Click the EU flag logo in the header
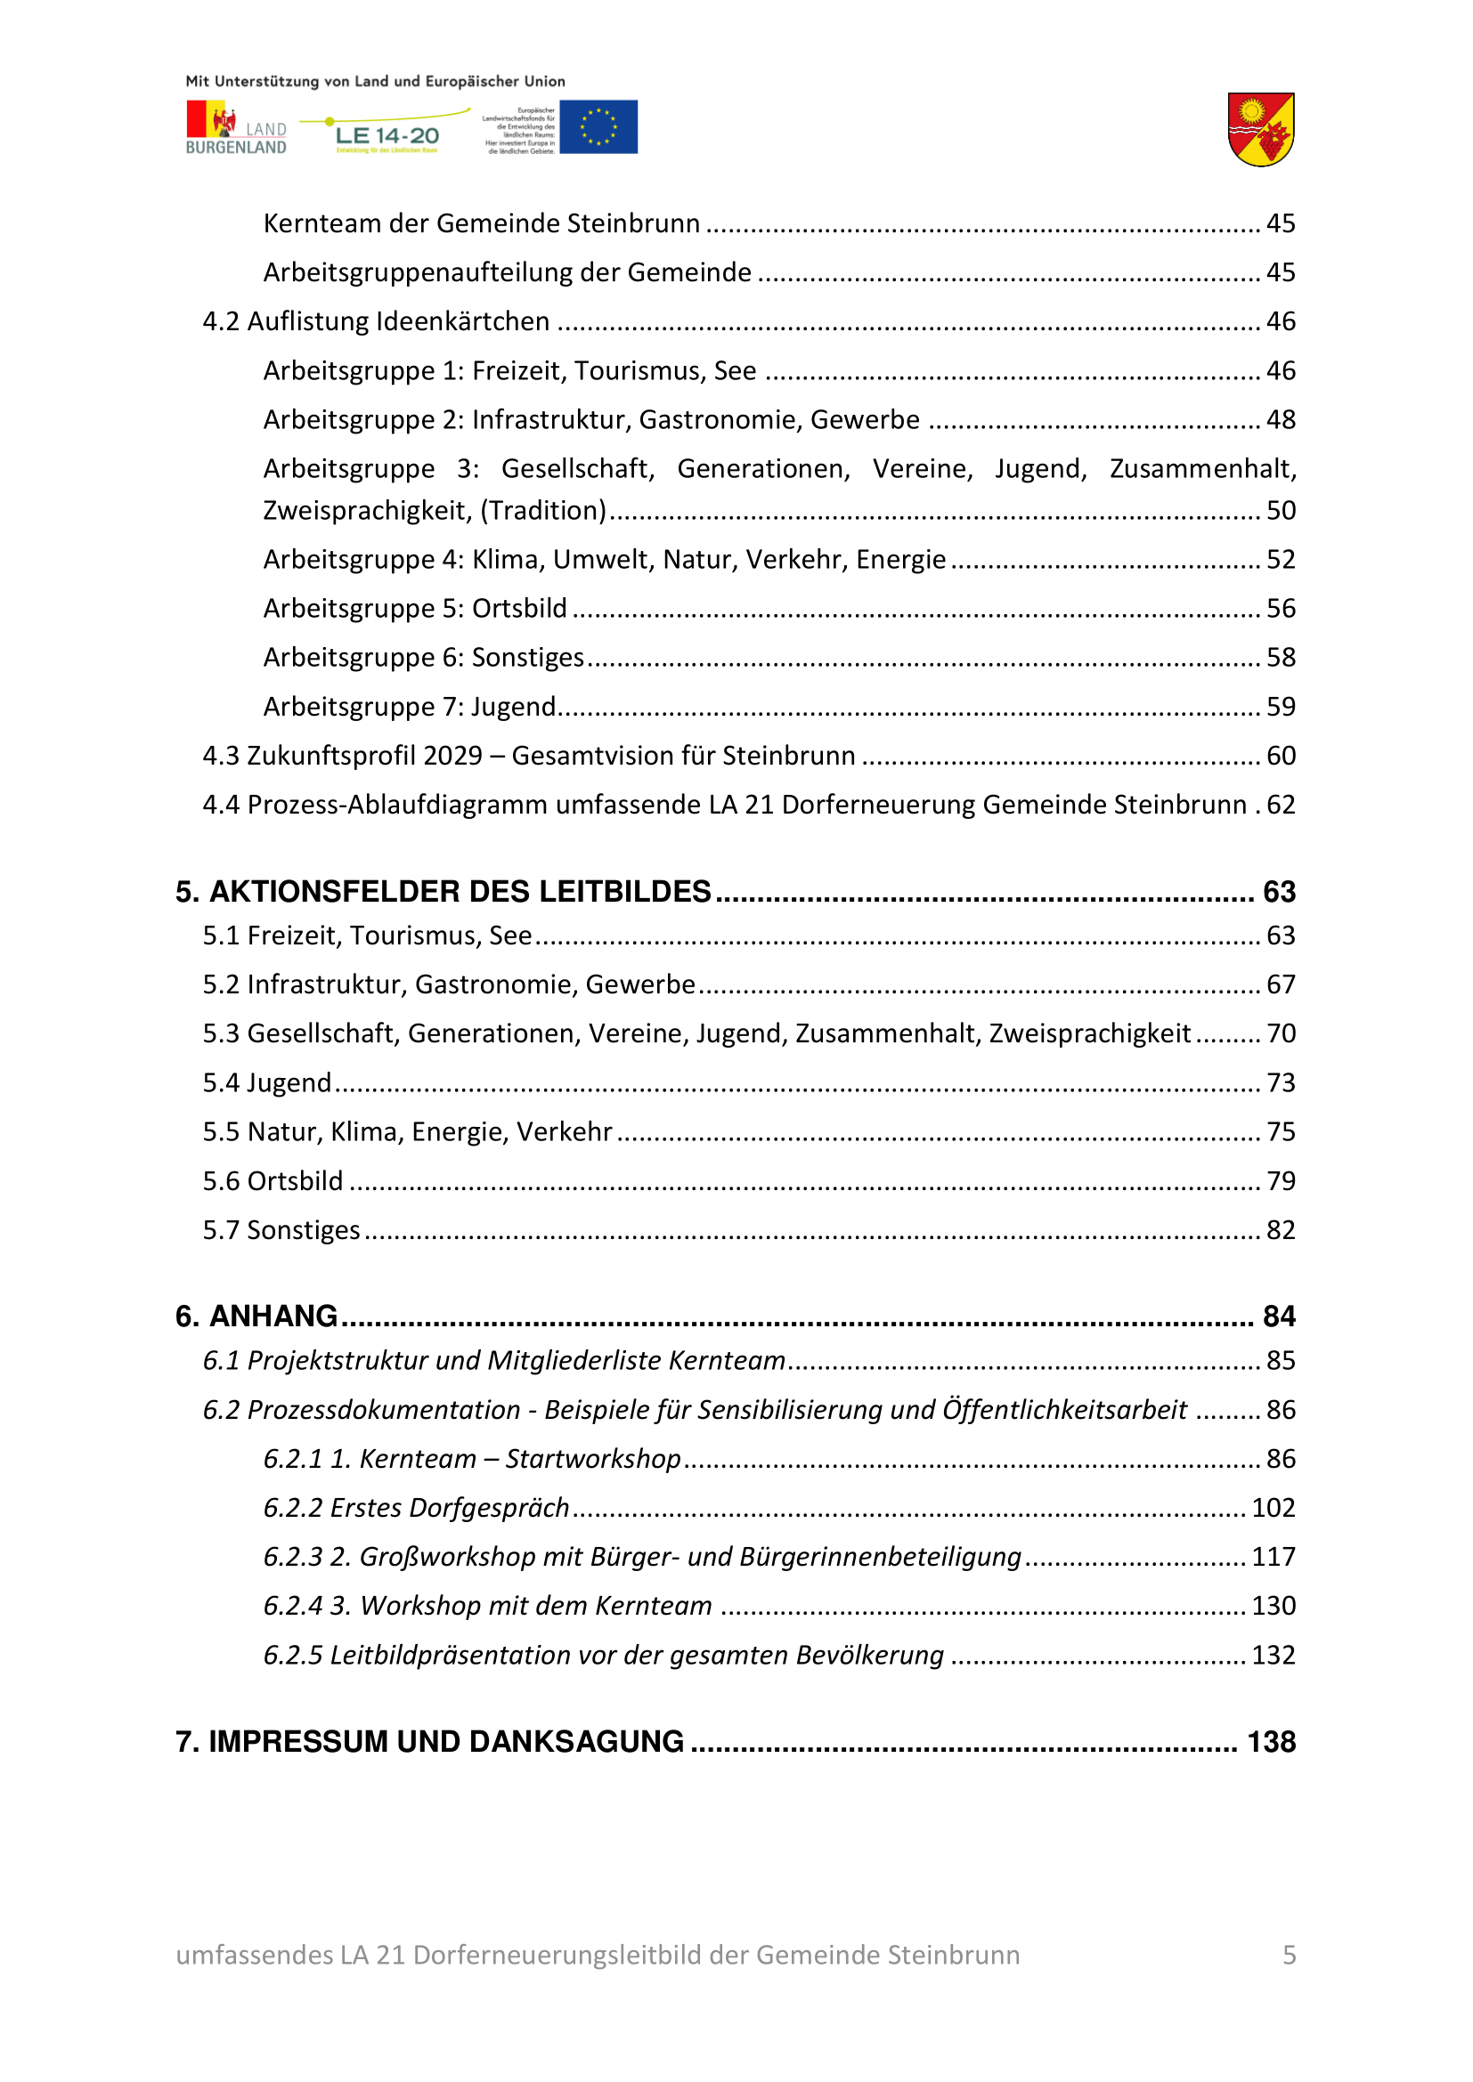coord(598,127)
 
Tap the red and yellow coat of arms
coord(1260,130)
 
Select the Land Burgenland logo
coord(236,128)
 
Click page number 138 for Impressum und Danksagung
coord(1271,1741)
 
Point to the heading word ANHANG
coord(273,1316)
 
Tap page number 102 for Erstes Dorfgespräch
coord(1273,1507)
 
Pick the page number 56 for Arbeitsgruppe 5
coord(1281,608)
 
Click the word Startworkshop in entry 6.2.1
coord(592,1458)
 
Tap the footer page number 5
coord(1289,1954)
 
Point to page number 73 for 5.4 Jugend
coord(1281,1082)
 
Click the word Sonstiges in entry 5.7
coord(304,1229)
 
